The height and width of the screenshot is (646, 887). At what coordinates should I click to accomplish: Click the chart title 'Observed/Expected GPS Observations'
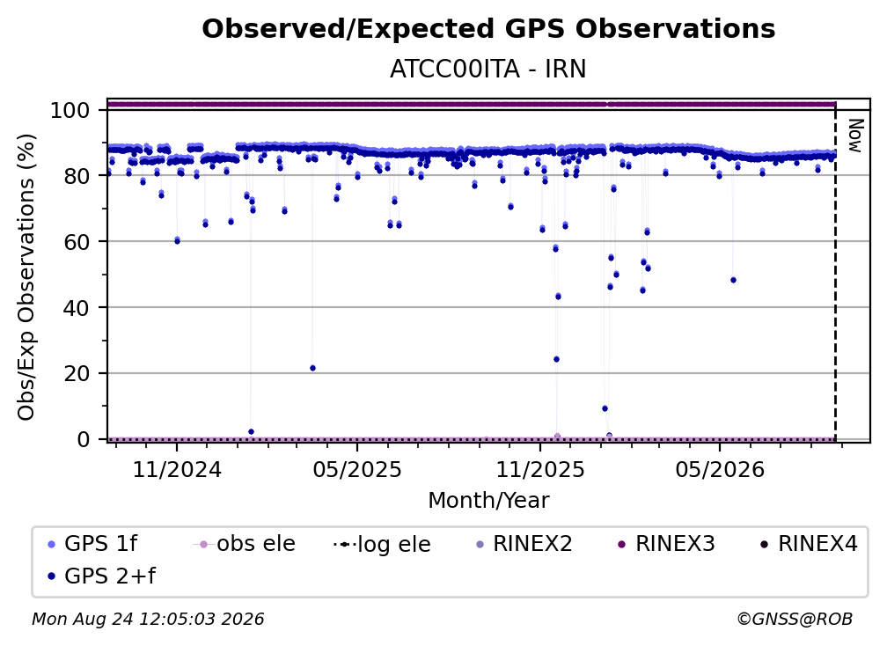click(488, 29)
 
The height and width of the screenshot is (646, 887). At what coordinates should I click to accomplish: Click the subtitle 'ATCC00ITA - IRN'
click(488, 69)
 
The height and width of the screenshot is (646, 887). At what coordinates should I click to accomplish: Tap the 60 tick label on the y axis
click(77, 241)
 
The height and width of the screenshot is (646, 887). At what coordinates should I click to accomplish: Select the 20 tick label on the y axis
click(77, 373)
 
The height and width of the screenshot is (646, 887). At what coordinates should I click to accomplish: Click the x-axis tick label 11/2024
click(177, 469)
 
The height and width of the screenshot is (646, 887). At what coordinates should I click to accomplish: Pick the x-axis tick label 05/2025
click(357, 469)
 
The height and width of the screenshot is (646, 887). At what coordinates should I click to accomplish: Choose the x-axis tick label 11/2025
click(540, 469)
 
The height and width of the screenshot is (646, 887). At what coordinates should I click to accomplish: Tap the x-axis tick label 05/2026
click(720, 469)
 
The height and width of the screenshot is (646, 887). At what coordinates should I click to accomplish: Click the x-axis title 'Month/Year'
click(488, 500)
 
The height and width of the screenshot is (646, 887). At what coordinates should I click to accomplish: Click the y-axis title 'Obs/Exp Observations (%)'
click(26, 276)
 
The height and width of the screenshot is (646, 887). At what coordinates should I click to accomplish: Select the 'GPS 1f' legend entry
click(92, 544)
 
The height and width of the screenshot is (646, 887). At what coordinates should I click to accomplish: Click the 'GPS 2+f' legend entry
click(102, 576)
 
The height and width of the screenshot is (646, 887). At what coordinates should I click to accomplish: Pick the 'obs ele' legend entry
click(245, 544)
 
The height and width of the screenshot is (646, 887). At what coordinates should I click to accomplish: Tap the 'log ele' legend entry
click(383, 544)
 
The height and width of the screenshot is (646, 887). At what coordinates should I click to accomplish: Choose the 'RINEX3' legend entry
click(666, 544)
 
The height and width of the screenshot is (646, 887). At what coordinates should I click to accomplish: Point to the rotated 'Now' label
click(855, 136)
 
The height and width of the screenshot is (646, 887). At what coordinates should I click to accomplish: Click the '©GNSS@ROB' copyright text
click(795, 620)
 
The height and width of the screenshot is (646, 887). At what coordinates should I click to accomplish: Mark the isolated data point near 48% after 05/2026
click(733, 280)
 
